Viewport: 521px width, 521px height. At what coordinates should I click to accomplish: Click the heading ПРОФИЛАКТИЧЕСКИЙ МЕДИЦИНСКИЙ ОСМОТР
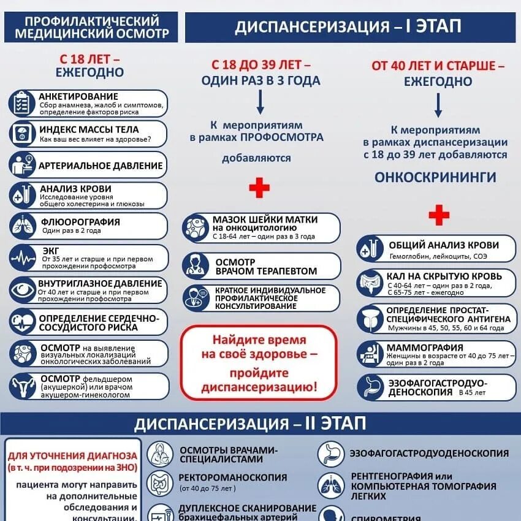coord(91,27)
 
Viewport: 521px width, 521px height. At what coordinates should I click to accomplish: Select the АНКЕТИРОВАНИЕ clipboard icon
coord(23,103)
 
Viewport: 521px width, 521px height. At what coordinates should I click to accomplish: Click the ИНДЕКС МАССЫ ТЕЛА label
coord(89,129)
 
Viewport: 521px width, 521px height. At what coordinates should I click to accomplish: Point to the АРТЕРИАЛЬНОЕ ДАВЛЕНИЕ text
coord(101,165)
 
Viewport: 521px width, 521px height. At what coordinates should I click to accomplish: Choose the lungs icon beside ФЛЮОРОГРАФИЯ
coord(23,226)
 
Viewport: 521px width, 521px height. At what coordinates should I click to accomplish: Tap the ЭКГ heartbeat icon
coord(23,257)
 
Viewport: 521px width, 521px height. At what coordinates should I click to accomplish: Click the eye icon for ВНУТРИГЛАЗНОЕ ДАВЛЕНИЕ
coord(23,290)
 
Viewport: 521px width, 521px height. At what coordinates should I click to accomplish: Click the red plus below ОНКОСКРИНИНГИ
coord(438,215)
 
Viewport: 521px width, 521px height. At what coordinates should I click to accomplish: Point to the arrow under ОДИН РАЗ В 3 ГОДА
coord(260,102)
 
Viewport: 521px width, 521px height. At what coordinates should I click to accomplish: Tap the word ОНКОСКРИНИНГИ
coord(435,177)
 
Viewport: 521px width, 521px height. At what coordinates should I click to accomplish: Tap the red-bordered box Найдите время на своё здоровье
coord(259,363)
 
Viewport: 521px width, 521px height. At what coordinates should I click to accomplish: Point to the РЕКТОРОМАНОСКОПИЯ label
coord(233,477)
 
